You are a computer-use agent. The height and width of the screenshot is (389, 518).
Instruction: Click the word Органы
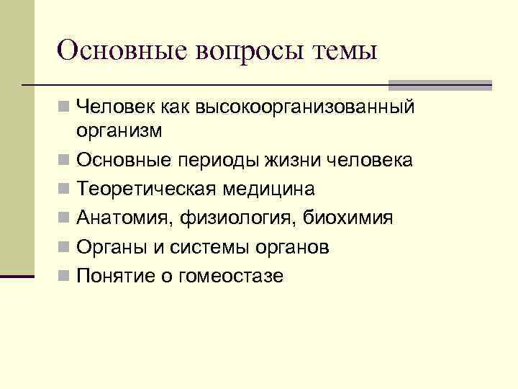click(107, 247)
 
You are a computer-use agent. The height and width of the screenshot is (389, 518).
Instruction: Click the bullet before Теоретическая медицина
click(65, 189)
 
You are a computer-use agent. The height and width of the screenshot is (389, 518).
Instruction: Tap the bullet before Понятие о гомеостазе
click(65, 276)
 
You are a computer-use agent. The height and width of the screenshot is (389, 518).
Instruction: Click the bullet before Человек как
click(65, 108)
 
